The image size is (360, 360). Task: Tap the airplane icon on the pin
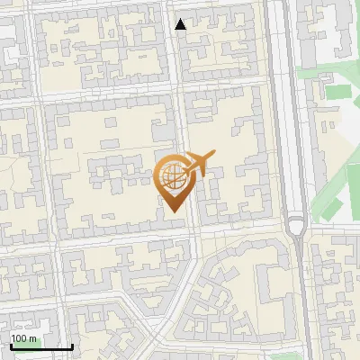(x=197, y=164)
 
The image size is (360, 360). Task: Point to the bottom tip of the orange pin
(x=172, y=212)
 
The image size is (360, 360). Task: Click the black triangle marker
(x=181, y=24)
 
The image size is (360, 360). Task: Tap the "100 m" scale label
(x=24, y=337)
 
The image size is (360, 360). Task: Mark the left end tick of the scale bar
(x=10, y=346)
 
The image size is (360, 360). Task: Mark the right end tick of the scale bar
(x=72, y=346)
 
